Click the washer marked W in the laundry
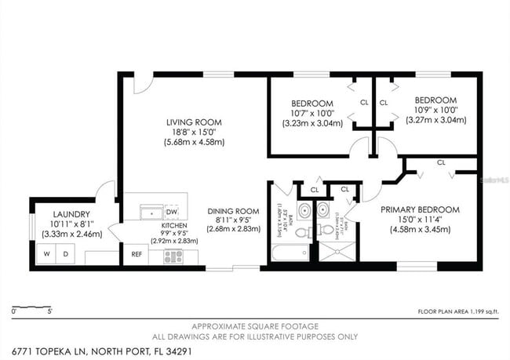(46, 254)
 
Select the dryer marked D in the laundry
(66, 254)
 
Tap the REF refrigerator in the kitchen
(137, 254)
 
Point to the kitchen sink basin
(147, 212)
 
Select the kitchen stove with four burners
(173, 256)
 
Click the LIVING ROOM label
(194, 122)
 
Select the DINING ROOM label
(233, 210)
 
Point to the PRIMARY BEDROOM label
(420, 209)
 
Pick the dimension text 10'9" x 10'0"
(435, 110)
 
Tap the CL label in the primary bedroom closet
(441, 162)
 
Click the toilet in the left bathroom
(302, 231)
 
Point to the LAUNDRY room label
(71, 214)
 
